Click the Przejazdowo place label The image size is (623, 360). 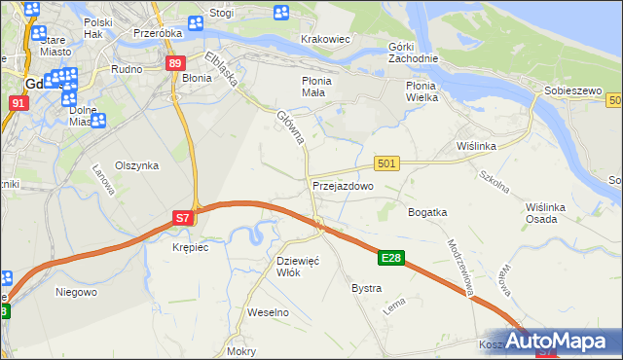343,185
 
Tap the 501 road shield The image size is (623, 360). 386,164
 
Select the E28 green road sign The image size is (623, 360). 390,258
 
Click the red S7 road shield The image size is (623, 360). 183,219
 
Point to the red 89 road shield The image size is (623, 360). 174,63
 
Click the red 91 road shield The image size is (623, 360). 18,102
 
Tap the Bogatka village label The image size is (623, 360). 427,211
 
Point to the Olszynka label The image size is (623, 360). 136,165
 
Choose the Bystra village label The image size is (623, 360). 366,289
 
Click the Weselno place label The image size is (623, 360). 269,312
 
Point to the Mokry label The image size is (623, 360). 240,351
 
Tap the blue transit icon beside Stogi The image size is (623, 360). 281,14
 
